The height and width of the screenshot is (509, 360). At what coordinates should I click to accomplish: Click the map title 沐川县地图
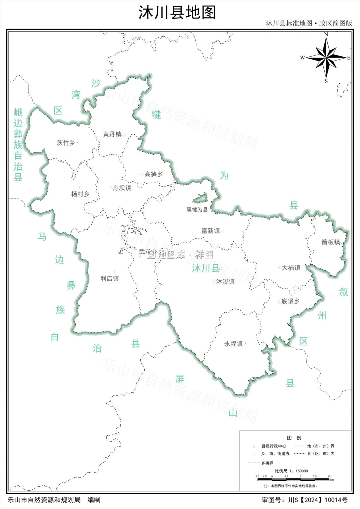point(177,13)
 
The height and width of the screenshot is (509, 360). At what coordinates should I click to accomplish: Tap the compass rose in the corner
point(326,58)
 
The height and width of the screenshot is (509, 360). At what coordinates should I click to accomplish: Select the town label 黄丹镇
point(112,134)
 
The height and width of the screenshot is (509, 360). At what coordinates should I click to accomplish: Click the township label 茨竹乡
point(66,143)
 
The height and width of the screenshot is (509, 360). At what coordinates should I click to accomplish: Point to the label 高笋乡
point(154,174)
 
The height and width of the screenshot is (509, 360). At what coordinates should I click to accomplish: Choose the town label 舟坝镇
point(122,188)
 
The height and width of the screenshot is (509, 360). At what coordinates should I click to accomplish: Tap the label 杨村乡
point(80,194)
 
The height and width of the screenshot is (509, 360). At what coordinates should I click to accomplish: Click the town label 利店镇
point(110,279)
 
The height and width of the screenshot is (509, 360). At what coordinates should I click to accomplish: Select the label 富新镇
point(211,231)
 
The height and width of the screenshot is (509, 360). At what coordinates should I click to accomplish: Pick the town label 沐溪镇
point(226,282)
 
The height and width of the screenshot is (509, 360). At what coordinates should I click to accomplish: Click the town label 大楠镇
point(291,268)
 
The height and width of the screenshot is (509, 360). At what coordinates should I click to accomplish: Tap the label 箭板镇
point(330,242)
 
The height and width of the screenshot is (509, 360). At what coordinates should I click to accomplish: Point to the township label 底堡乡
point(291,301)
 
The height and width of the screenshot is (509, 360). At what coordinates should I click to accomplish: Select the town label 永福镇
point(234,344)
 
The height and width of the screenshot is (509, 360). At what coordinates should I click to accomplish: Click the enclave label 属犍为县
point(197,210)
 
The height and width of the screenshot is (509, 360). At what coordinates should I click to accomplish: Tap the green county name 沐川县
point(205,268)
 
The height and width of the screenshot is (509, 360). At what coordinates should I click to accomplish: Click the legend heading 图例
point(294,438)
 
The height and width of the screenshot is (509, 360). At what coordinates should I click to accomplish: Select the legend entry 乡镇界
point(267,463)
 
